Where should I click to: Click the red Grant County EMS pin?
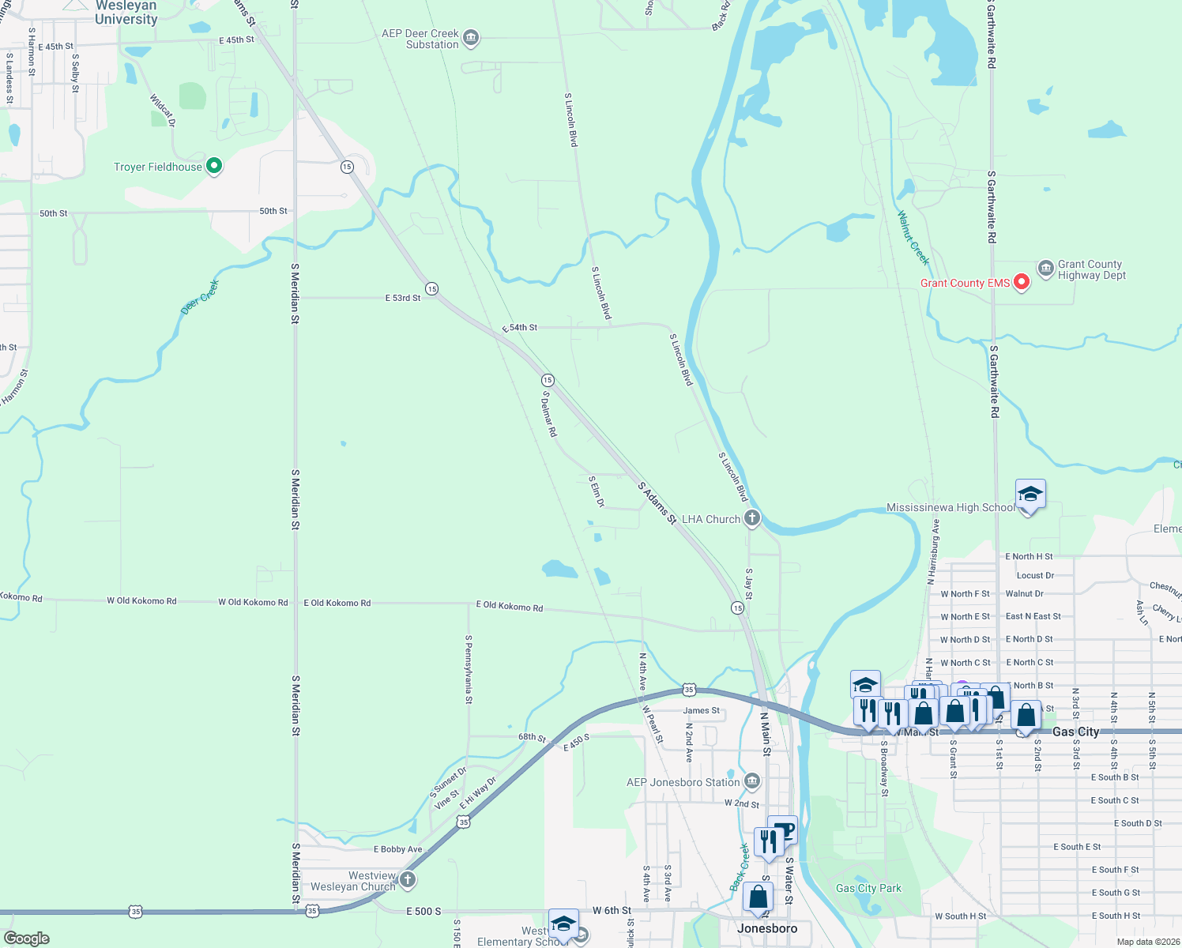pyautogui.click(x=1021, y=282)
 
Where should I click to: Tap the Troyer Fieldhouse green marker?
pyautogui.click(x=213, y=166)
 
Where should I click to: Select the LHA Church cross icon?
pyautogui.click(x=752, y=518)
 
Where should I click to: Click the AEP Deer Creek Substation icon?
pyautogui.click(x=471, y=37)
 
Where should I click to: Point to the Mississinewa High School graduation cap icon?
pyautogui.click(x=1030, y=496)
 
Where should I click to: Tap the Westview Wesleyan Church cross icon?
pyautogui.click(x=408, y=878)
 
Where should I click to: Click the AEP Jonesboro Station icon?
pyautogui.click(x=752, y=781)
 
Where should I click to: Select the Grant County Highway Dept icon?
pyautogui.click(x=1045, y=269)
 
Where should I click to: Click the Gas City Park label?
pyautogui.click(x=868, y=888)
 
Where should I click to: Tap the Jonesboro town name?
pyautogui.click(x=767, y=928)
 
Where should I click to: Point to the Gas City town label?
pyautogui.click(x=1075, y=732)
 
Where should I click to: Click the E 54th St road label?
pyautogui.click(x=520, y=327)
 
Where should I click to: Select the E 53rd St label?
pyautogui.click(x=403, y=298)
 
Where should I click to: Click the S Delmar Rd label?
pyautogui.click(x=549, y=414)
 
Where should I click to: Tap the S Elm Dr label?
pyautogui.click(x=597, y=491)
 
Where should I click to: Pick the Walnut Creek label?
pyautogui.click(x=913, y=238)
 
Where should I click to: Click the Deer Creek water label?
pyautogui.click(x=199, y=297)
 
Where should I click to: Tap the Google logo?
pyautogui.click(x=26, y=938)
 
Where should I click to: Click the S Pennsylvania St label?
pyautogui.click(x=469, y=669)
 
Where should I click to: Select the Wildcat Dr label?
pyautogui.click(x=163, y=111)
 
